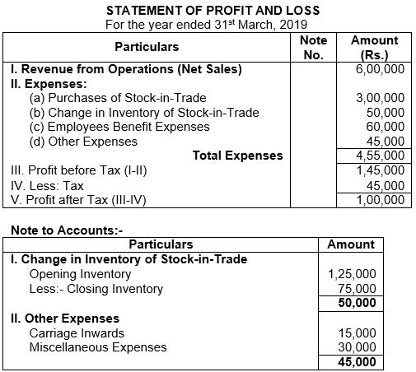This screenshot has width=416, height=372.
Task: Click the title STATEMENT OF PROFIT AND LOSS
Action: tap(208, 10)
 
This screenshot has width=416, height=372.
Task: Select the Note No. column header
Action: tap(313, 48)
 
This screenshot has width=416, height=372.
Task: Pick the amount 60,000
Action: tap(385, 127)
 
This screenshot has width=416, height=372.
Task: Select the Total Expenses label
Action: tap(237, 155)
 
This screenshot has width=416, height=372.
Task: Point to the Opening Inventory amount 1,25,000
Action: tap(352, 274)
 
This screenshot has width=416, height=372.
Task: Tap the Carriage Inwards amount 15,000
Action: tap(358, 332)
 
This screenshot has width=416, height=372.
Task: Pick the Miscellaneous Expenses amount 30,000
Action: tap(358, 346)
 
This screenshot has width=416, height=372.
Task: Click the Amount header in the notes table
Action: tap(350, 244)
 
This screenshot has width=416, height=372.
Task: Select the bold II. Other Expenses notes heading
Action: tap(64, 318)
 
